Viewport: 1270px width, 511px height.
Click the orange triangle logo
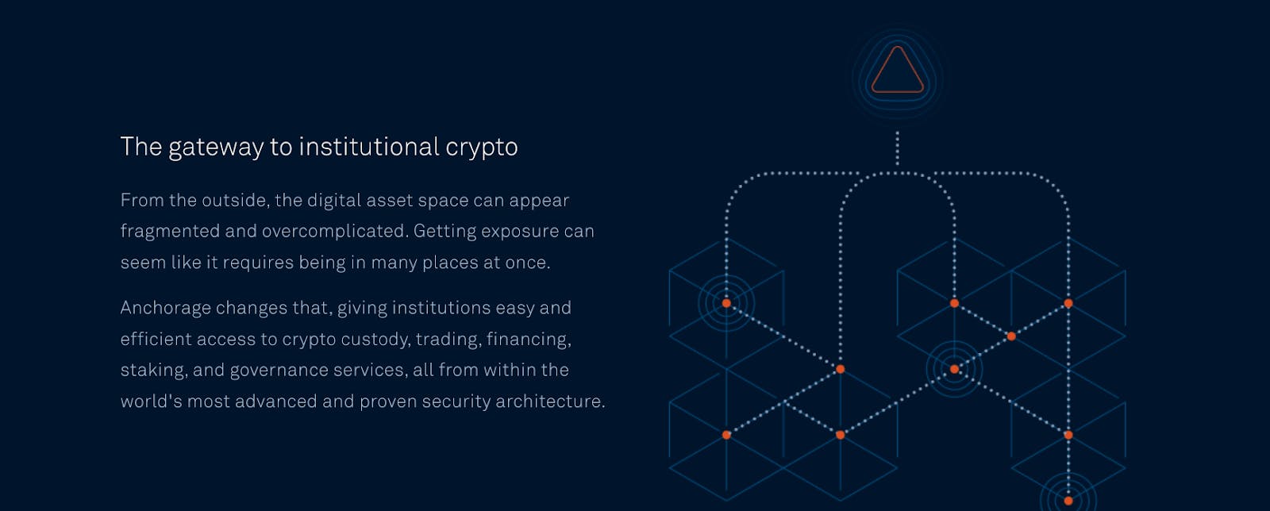pyautogui.click(x=898, y=70)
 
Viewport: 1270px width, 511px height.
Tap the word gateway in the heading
pyautogui.click(x=216, y=148)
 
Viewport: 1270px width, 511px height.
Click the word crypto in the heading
pyautogui.click(x=481, y=148)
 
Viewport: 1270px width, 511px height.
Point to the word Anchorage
pyautogui.click(x=164, y=308)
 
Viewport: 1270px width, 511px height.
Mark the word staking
pyautogui.click(x=154, y=371)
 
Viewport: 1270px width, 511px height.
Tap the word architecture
pyautogui.click(x=550, y=401)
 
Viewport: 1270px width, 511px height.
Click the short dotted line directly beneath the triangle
pyautogui.click(x=897, y=148)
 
